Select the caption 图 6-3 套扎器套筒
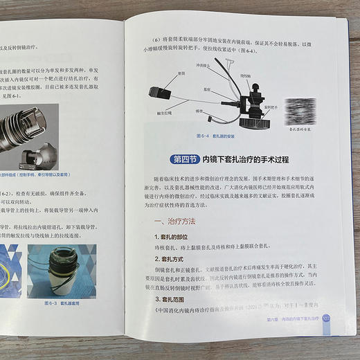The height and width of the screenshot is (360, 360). click(63, 303)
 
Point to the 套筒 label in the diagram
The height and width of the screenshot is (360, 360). click(181, 71)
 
